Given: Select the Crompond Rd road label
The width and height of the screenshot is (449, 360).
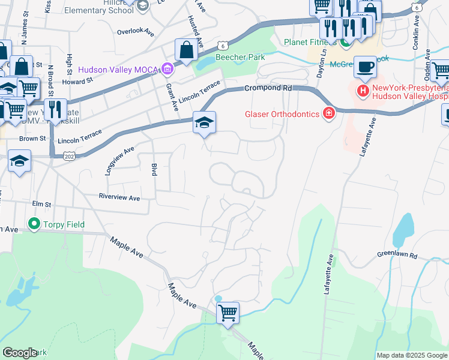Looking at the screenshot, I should pyautogui.click(x=267, y=88).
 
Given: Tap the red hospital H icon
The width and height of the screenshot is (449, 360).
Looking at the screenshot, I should pyautogui.click(x=363, y=91).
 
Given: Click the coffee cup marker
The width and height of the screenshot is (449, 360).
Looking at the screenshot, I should pyautogui.click(x=365, y=67).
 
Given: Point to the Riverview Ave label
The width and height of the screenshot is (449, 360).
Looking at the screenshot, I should pyautogui.click(x=119, y=197).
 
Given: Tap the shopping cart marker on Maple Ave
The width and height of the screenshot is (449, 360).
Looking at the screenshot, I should pyautogui.click(x=228, y=312).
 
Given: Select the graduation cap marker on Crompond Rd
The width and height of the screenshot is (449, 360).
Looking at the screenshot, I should pyautogui.click(x=204, y=123).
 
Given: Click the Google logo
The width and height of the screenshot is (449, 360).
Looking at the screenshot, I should pyautogui.click(x=19, y=353).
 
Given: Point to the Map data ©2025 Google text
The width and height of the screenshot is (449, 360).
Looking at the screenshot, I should pyautogui.click(x=411, y=355).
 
